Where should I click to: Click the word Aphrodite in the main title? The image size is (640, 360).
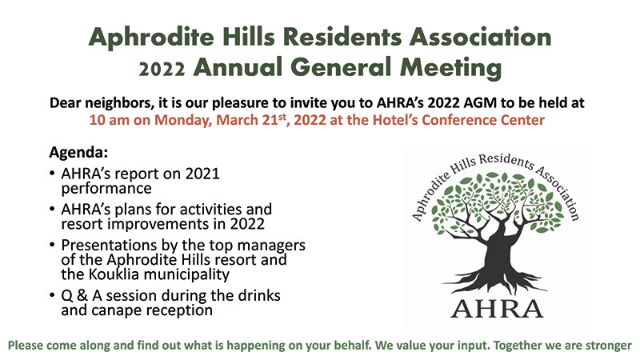tap(151, 38)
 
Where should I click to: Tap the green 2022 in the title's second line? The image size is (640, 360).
tap(162, 70)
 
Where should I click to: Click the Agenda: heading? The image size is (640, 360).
tap(78, 152)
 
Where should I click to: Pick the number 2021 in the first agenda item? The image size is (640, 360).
tap(202, 174)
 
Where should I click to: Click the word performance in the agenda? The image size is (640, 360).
tap(106, 189)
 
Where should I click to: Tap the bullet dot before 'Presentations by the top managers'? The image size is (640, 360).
tap(52, 245)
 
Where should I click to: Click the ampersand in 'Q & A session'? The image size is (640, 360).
tap(82, 295)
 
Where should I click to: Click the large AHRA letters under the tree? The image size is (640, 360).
tap(497, 309)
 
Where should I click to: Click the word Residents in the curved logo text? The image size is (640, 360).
tap(506, 162)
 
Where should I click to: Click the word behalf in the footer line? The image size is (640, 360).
tap(353, 346)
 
